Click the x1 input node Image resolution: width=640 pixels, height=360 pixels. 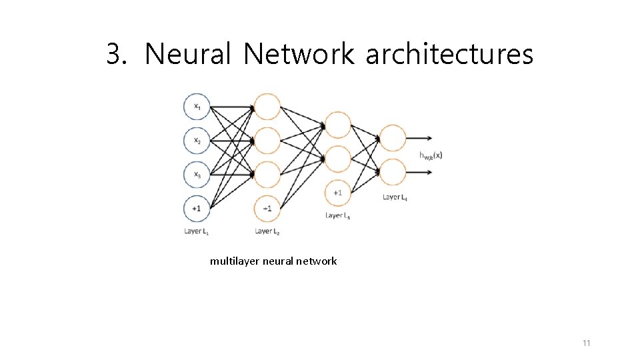pyautogui.click(x=197, y=106)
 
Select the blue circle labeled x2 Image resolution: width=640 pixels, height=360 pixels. pyautogui.click(x=197, y=140)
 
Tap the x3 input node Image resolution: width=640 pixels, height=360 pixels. pyautogui.click(x=197, y=174)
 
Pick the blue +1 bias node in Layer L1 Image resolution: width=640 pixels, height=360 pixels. pyautogui.click(x=197, y=208)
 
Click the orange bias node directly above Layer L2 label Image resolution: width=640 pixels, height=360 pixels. pyautogui.click(x=267, y=209)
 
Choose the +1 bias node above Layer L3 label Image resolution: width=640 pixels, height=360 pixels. pyautogui.click(x=338, y=193)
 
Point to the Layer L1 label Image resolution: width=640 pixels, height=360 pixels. pyautogui.click(x=197, y=231)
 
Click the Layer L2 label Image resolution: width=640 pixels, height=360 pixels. pyautogui.click(x=267, y=231)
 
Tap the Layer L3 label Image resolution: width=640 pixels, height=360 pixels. pyautogui.click(x=338, y=215)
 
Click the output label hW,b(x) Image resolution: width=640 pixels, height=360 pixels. pyautogui.click(x=431, y=155)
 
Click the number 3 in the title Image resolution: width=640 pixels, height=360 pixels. pyautogui.click(x=115, y=54)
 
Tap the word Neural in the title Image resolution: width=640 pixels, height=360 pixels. pyautogui.click(x=187, y=54)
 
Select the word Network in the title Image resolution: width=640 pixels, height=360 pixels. pyautogui.click(x=299, y=54)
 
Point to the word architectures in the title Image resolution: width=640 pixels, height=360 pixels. pyautogui.click(x=449, y=54)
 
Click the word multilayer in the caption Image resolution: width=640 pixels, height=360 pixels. pyautogui.click(x=235, y=261)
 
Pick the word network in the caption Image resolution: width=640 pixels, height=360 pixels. pyautogui.click(x=315, y=261)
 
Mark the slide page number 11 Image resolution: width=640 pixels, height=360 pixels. pyautogui.click(x=586, y=343)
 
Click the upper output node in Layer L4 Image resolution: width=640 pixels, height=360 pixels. pyautogui.click(x=393, y=138)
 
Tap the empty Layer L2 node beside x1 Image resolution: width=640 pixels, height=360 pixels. pyautogui.click(x=267, y=106)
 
